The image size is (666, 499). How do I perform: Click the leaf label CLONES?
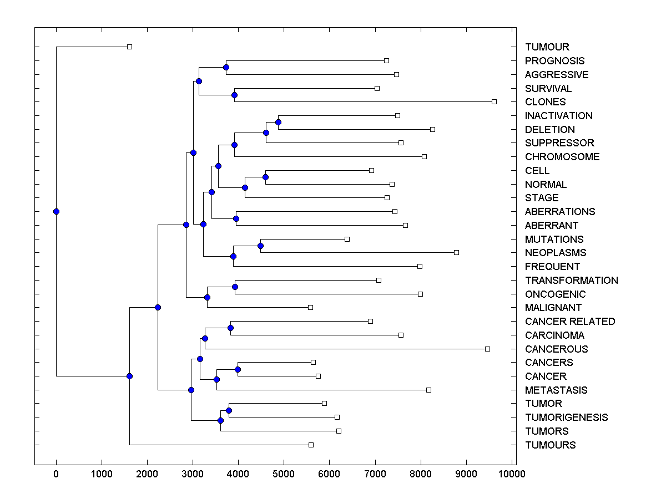(545, 102)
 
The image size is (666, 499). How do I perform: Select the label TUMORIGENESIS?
(566, 417)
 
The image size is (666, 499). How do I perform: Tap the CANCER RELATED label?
(569, 322)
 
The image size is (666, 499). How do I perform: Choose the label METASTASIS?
(556, 390)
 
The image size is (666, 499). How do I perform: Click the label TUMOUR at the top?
(547, 47)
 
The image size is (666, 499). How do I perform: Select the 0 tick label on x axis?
(56, 473)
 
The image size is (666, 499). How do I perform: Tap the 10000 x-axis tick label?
(511, 473)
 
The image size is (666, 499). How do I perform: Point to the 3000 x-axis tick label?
(193, 473)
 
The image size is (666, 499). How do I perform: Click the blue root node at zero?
(56, 211)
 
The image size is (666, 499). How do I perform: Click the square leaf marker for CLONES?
(494, 101)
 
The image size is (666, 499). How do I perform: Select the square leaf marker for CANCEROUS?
(487, 349)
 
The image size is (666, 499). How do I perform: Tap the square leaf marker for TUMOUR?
(129, 47)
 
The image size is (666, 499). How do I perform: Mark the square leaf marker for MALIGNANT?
(310, 307)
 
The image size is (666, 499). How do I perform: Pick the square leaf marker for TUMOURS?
(311, 445)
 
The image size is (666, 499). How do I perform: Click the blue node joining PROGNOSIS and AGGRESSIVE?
(226, 67)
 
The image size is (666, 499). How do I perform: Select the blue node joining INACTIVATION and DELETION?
(279, 122)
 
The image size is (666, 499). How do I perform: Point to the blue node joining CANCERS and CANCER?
(238, 369)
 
